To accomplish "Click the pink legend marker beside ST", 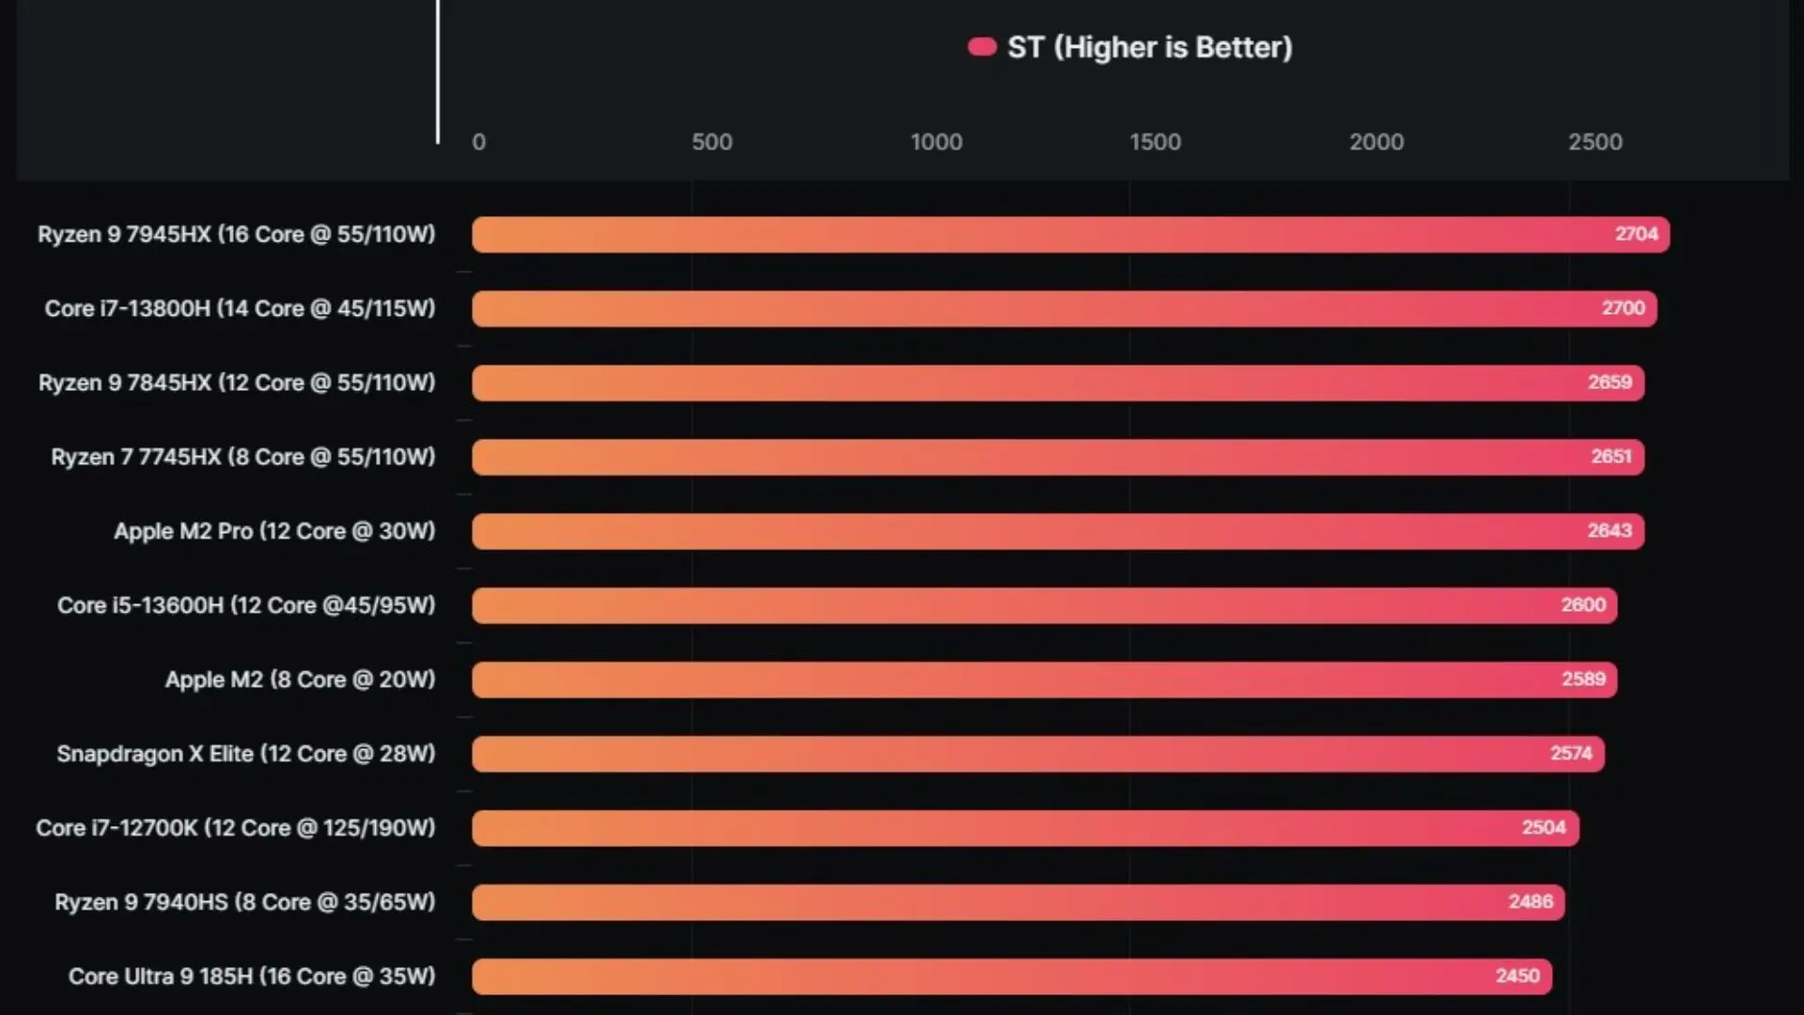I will tap(982, 47).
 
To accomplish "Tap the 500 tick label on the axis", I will tap(711, 142).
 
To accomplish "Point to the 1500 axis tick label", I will tap(1155, 142).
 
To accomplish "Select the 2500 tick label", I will tap(1594, 142).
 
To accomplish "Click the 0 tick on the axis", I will tap(478, 142).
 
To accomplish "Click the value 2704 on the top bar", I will tap(1636, 234).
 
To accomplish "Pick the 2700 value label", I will tap(1623, 308).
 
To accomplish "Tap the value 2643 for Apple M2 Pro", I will tap(1610, 531).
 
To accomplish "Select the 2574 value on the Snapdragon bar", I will tap(1571, 754).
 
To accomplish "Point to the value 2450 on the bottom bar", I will tap(1517, 976).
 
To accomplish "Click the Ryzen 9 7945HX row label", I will tap(237, 234).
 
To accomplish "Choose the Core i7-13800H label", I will tap(240, 308).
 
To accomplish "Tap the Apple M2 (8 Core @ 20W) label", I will tap(300, 679).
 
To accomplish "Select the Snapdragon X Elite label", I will tap(246, 754).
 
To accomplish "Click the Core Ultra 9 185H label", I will tap(252, 976).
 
